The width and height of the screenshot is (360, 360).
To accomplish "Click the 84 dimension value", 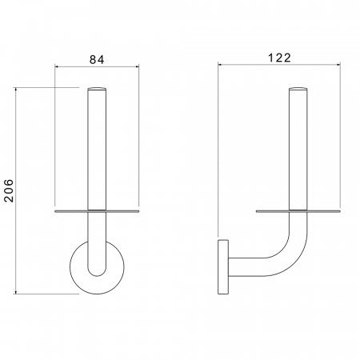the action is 97,59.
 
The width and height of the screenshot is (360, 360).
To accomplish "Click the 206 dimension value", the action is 9,190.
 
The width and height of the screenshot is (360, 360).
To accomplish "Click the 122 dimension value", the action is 279,58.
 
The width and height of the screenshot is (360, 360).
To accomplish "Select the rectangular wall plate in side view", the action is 223,267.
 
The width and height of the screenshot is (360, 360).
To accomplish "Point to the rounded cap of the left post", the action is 97,89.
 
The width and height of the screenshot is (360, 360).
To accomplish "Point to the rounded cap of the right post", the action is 298,89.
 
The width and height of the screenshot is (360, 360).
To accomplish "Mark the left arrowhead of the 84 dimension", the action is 57,66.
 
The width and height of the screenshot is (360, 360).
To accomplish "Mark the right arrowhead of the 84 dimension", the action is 138,66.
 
